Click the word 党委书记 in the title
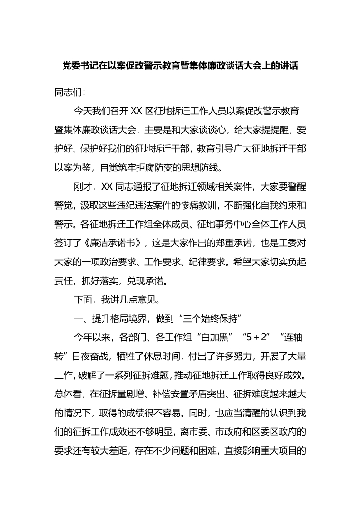coord(80,66)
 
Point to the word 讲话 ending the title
coord(288,66)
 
